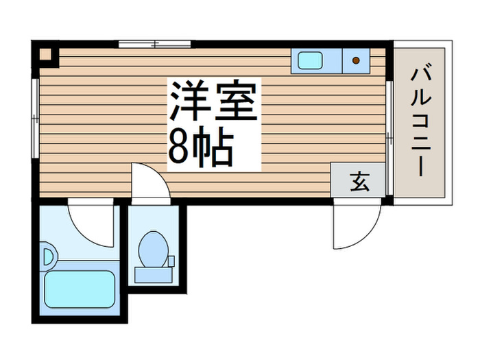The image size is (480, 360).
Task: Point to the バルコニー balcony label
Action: [419, 121]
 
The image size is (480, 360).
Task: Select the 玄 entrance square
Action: [358, 182]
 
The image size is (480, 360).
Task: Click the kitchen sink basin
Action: [310, 60]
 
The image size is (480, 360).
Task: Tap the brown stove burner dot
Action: [356, 60]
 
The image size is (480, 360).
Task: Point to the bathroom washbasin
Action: [48, 257]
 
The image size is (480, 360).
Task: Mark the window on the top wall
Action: [154, 45]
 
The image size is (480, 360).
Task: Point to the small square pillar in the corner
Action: [45, 54]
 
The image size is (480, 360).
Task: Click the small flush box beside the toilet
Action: [171, 261]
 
